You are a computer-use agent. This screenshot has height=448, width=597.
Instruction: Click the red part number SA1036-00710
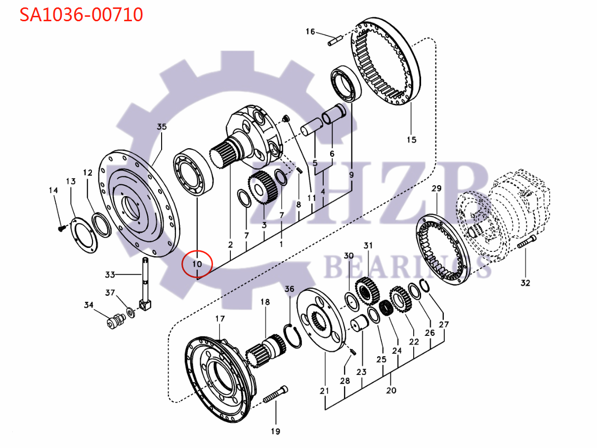(81, 15)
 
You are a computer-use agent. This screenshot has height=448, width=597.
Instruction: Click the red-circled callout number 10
(197, 264)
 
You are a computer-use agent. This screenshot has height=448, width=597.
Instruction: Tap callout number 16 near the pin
(310, 32)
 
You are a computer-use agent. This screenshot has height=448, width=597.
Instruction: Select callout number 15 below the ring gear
(411, 140)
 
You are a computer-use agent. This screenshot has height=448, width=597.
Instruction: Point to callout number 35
(162, 126)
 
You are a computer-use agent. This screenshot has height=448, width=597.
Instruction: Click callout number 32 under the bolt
(525, 283)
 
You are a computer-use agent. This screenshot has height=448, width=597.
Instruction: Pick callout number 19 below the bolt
(275, 431)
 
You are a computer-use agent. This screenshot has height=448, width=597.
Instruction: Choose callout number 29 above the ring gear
(436, 189)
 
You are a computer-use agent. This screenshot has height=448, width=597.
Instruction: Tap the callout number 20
(391, 391)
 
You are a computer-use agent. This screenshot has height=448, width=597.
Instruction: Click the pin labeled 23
(358, 326)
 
